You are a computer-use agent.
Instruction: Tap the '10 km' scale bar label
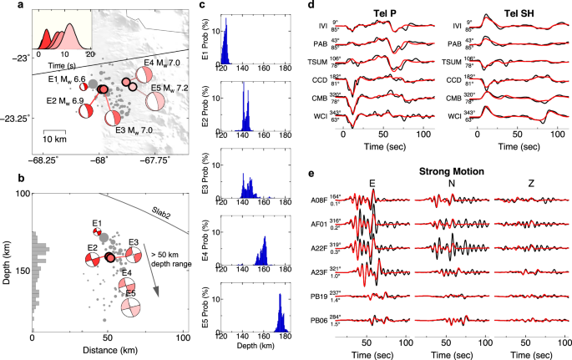(x=55, y=138)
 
